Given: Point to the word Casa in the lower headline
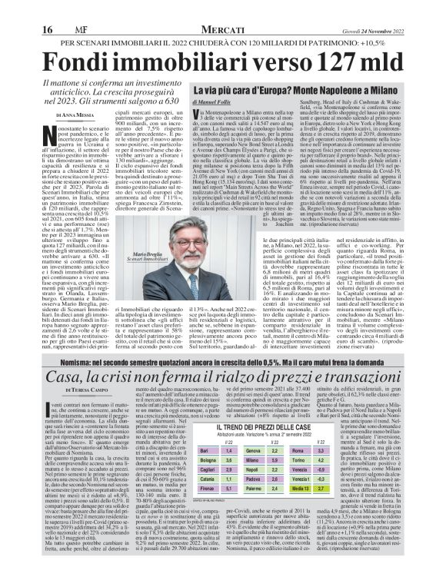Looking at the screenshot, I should [64, 376].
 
